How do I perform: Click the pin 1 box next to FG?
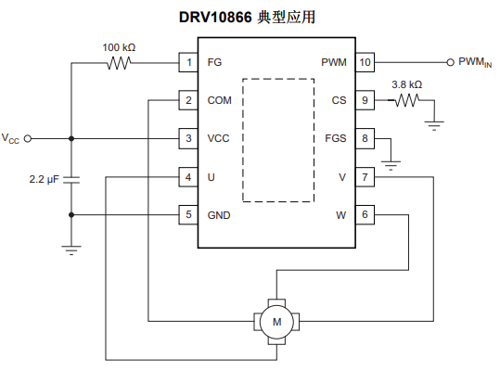[188, 62]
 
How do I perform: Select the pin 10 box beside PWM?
[365, 62]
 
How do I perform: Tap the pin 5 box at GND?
[188, 215]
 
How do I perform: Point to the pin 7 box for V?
[365, 177]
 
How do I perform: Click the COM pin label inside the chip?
[219, 100]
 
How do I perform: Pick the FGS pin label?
[336, 138]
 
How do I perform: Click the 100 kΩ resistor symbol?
[119, 63]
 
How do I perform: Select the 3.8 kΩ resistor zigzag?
[407, 100]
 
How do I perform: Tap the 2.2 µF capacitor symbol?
[71, 180]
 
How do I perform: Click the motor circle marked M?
[276, 322]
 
